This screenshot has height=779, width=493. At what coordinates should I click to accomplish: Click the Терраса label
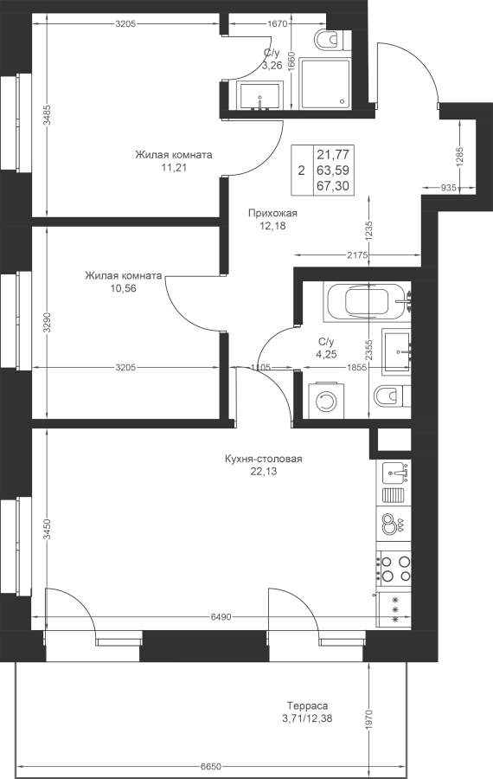click(x=307, y=705)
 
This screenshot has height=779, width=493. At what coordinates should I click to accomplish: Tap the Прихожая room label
click(x=272, y=213)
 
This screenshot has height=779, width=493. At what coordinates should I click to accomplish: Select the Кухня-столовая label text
click(x=264, y=459)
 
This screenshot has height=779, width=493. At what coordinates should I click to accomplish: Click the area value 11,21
click(x=174, y=167)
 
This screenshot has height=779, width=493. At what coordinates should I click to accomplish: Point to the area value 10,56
click(x=123, y=288)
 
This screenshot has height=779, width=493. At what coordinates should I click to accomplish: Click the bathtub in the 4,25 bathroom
click(x=367, y=302)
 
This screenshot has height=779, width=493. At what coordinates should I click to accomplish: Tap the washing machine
click(x=326, y=400)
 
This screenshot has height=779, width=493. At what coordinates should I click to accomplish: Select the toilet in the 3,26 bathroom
click(x=333, y=39)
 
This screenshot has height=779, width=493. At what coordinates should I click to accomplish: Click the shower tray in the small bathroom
click(x=326, y=82)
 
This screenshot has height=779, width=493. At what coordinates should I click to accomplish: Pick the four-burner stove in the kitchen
click(x=394, y=570)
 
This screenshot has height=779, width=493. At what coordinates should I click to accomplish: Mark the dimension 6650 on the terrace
click(x=210, y=766)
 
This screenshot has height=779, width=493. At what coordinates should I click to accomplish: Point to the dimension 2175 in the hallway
click(x=357, y=255)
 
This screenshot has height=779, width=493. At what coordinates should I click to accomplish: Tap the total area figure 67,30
click(x=333, y=186)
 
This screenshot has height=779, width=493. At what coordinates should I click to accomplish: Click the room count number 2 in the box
click(x=301, y=171)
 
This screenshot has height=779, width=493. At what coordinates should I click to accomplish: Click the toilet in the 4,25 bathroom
click(x=391, y=397)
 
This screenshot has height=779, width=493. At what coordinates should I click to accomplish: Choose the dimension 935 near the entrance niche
click(x=448, y=187)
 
